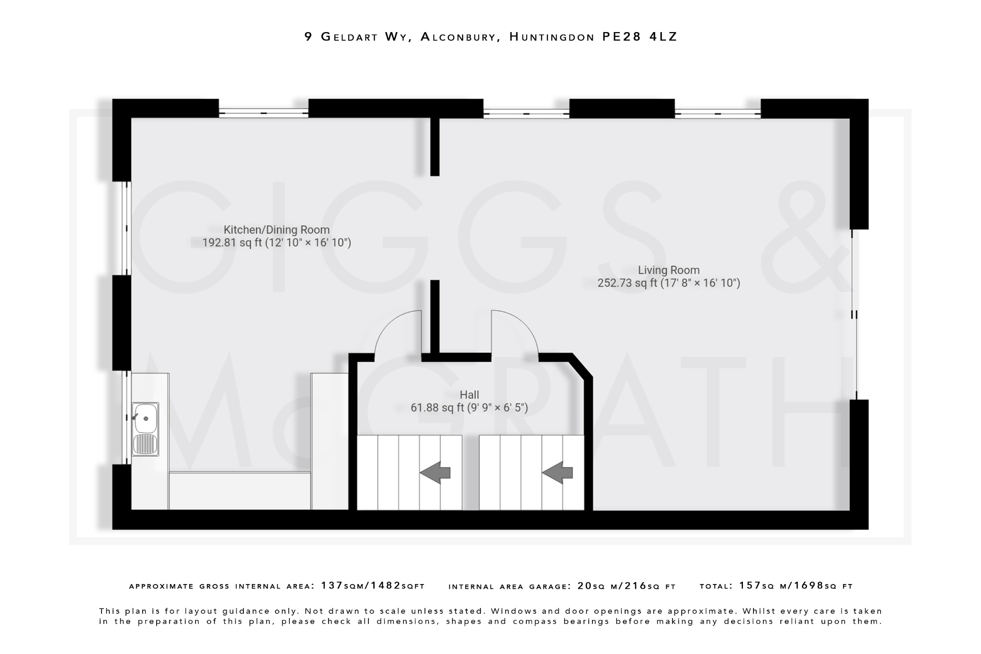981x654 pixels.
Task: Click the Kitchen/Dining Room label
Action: point(276,230)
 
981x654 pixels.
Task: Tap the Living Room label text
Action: point(668,270)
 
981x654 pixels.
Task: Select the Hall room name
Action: point(469,395)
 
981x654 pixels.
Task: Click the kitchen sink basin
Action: point(145,418)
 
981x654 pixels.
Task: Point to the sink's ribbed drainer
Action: point(145,444)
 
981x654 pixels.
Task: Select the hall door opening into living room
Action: point(514,333)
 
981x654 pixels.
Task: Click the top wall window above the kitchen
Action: point(263,113)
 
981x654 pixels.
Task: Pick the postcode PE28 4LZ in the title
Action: point(639,37)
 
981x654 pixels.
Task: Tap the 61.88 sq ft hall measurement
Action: point(437,408)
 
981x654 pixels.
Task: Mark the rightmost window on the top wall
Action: point(718,114)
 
